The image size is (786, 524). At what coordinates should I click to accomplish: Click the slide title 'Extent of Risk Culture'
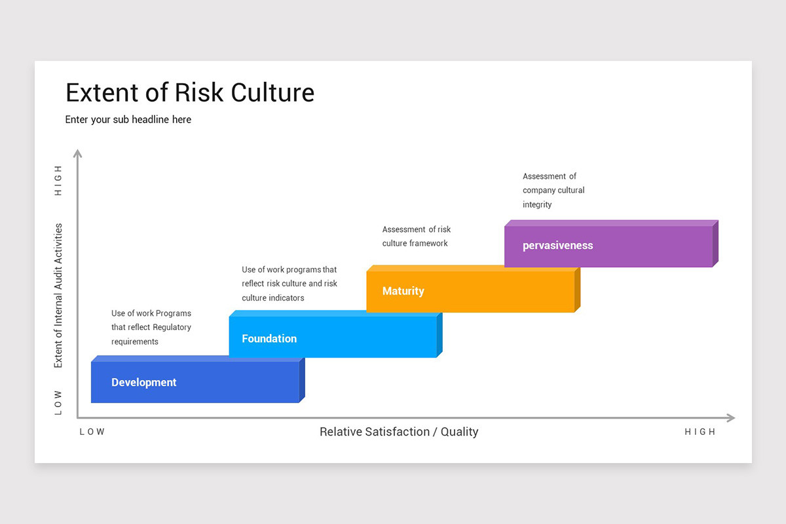(x=190, y=92)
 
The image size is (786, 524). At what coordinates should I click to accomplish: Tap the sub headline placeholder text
(x=128, y=120)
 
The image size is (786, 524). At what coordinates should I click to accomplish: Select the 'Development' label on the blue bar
(x=143, y=383)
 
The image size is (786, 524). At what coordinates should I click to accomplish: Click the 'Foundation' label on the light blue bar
(x=269, y=339)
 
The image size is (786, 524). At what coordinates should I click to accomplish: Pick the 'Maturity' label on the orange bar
(x=403, y=291)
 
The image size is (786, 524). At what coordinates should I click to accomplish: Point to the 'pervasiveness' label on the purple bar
(x=557, y=246)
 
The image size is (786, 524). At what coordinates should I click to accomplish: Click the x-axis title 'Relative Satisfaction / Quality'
(x=399, y=432)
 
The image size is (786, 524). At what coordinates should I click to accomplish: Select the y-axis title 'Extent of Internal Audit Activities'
(x=58, y=295)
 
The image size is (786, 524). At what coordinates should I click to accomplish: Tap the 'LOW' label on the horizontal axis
(x=92, y=432)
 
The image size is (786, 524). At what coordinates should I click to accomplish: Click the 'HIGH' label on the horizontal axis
(x=700, y=432)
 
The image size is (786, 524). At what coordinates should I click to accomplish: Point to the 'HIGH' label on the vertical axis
(x=58, y=180)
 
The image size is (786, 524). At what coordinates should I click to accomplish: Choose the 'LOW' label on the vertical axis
(x=58, y=403)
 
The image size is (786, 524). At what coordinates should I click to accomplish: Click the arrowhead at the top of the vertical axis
(x=77, y=153)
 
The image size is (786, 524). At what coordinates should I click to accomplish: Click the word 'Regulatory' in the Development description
(x=172, y=327)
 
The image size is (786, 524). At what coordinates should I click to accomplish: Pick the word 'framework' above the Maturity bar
(x=428, y=244)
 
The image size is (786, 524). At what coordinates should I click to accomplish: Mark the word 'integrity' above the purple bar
(x=537, y=205)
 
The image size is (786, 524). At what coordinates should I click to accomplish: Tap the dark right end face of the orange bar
(x=578, y=290)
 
